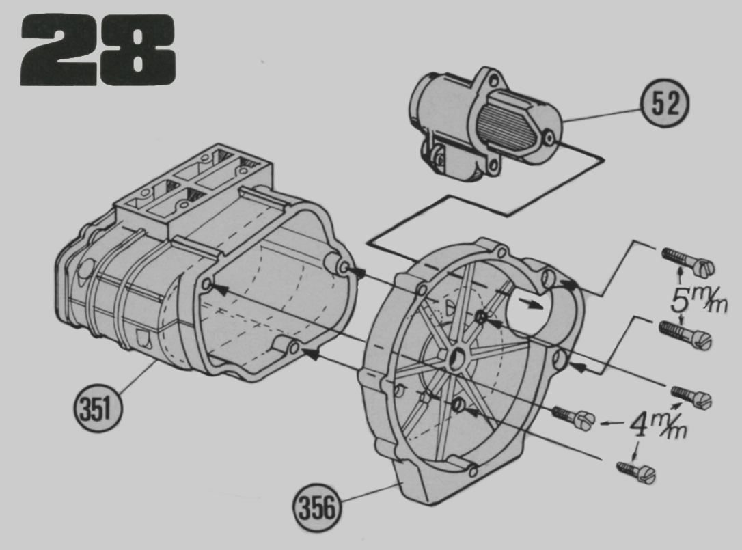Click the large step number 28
coord(98,50)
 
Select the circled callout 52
coord(664,104)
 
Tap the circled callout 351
coord(98,408)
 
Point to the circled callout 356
coord(317,508)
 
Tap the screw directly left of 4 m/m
coord(573,417)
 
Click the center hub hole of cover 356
coord(457,360)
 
